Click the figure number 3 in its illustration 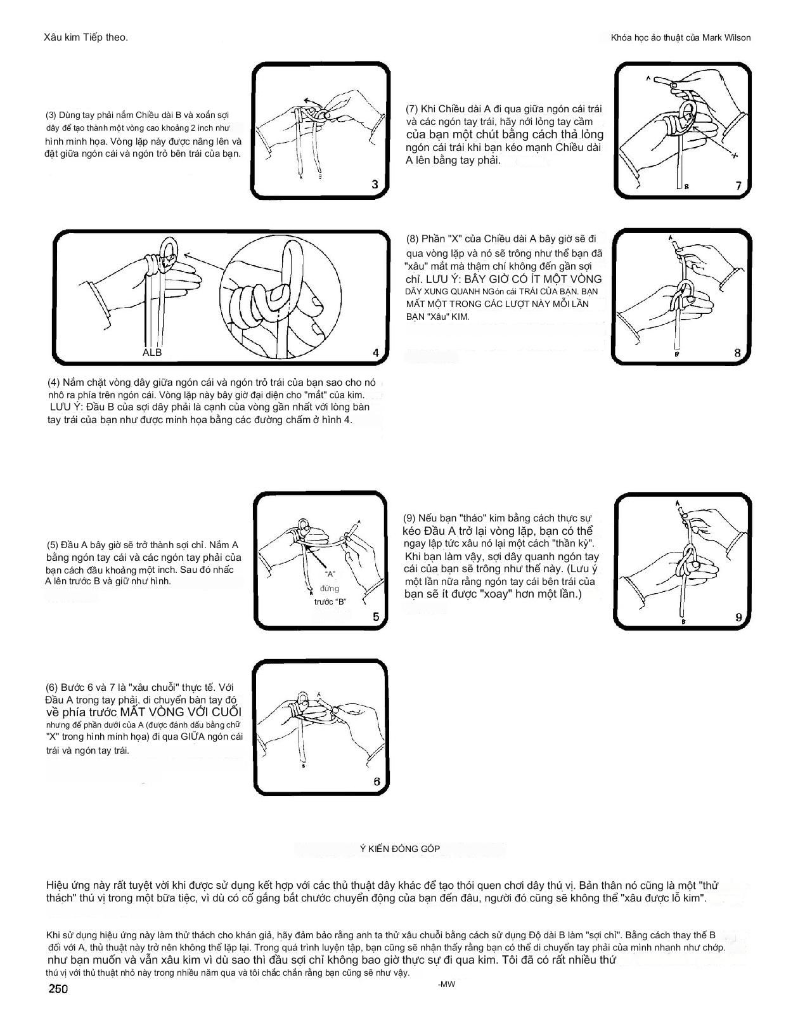pyautogui.click(x=375, y=185)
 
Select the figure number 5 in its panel pyautogui.click(x=375, y=617)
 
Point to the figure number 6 pyautogui.click(x=377, y=782)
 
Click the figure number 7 pyautogui.click(x=738, y=186)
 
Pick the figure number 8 pyautogui.click(x=738, y=353)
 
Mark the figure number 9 pyautogui.click(x=738, y=617)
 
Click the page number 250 pyautogui.click(x=58, y=989)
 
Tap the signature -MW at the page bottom pyautogui.click(x=446, y=984)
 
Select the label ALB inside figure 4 pyautogui.click(x=152, y=352)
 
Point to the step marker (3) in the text pyautogui.click(x=51, y=115)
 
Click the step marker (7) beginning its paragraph pyautogui.click(x=412, y=108)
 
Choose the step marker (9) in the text pyautogui.click(x=409, y=518)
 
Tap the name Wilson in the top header pyautogui.click(x=736, y=37)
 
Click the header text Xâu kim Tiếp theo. pyautogui.click(x=86, y=37)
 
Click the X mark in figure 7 pyautogui.click(x=734, y=155)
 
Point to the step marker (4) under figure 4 pyautogui.click(x=54, y=383)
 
